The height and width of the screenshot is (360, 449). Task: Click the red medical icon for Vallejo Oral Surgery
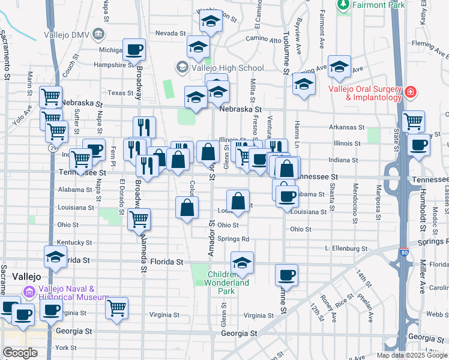point(411,92)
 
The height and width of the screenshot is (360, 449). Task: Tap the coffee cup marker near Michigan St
point(134,49)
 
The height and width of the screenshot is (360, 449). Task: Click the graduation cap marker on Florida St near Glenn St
point(242,262)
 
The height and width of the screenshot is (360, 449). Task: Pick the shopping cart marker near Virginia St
point(116,308)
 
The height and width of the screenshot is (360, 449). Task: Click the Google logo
point(20,352)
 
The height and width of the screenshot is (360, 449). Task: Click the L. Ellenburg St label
point(345,248)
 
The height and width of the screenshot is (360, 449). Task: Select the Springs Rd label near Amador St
point(233,238)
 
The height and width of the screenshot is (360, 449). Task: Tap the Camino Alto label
point(268,40)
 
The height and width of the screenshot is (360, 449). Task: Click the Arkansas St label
point(348,127)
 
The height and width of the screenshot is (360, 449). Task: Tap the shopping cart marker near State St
point(413,121)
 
